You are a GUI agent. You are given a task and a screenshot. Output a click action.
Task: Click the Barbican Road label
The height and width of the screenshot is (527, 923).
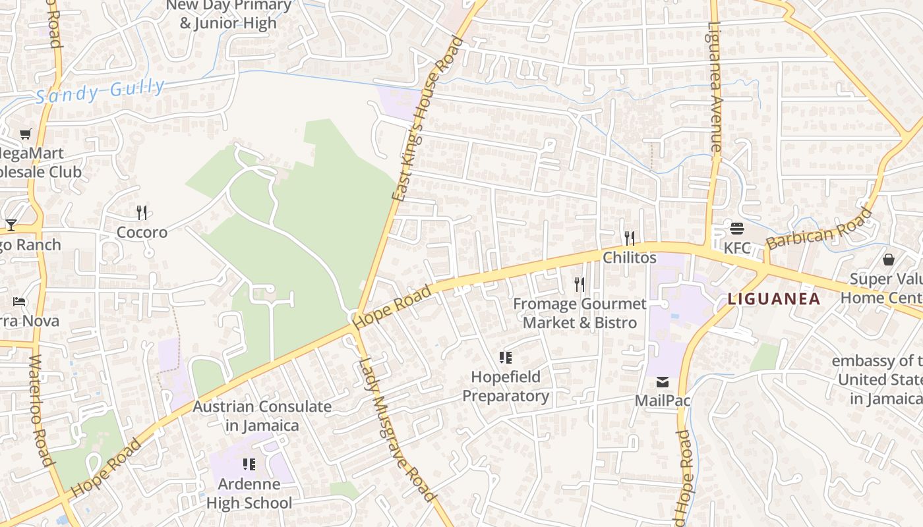(819, 228)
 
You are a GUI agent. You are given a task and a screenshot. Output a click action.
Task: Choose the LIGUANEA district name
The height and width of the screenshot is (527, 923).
(774, 299)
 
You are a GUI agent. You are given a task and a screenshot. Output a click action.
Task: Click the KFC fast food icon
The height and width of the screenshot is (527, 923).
(737, 229)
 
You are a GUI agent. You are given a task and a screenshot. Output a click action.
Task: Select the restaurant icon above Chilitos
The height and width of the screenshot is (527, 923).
(630, 238)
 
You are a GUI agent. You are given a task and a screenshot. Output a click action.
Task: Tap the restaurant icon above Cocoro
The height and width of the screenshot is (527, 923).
(142, 212)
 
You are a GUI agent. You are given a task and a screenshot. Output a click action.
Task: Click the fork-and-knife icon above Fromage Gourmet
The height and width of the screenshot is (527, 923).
(580, 284)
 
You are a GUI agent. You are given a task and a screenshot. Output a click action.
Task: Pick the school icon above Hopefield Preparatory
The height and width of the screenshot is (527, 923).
(506, 358)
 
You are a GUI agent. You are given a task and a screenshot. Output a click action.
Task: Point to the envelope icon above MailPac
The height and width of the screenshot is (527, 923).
(662, 382)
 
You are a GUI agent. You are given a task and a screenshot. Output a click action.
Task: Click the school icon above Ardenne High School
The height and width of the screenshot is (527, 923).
(249, 464)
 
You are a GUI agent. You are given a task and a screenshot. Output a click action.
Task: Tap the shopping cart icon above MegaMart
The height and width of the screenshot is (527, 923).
(26, 134)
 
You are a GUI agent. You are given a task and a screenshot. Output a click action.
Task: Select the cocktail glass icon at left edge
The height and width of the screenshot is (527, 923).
(11, 225)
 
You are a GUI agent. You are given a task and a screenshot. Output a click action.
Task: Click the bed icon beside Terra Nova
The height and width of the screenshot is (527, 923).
(19, 302)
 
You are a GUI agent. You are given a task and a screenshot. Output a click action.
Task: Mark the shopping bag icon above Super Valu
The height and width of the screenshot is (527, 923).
(888, 260)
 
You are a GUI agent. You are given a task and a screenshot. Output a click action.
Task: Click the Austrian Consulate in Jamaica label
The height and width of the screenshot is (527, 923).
(262, 416)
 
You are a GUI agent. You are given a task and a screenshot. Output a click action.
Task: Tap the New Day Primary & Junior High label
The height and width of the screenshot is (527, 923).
(228, 14)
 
